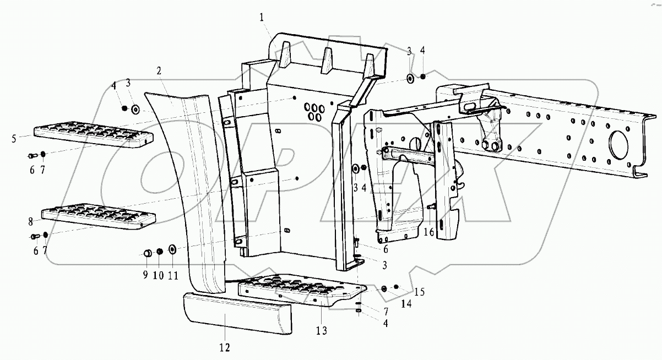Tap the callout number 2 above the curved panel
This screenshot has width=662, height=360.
click(x=159, y=70)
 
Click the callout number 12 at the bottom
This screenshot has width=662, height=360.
click(x=224, y=347)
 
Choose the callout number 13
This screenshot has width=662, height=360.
click(x=321, y=330)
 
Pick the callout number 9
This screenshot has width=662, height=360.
click(x=146, y=275)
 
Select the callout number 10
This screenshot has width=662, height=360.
click(x=158, y=275)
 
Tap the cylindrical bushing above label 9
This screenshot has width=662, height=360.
click(x=147, y=253)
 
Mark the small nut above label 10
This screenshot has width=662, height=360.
click(x=160, y=252)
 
